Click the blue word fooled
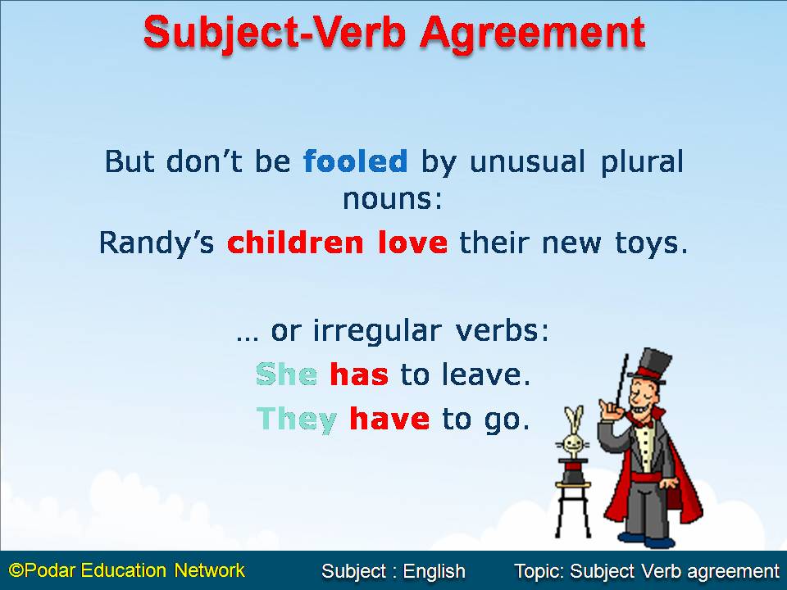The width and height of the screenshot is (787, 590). [355, 161]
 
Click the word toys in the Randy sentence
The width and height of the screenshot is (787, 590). [652, 243]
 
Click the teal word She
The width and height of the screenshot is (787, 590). [286, 375]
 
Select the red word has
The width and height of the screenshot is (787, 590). [358, 375]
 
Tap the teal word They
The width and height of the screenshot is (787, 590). [297, 420]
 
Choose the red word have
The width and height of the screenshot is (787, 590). [389, 420]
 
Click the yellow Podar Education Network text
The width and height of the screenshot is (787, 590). [127, 570]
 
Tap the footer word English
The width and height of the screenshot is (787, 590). [434, 571]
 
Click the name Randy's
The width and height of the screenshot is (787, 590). [158, 243]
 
